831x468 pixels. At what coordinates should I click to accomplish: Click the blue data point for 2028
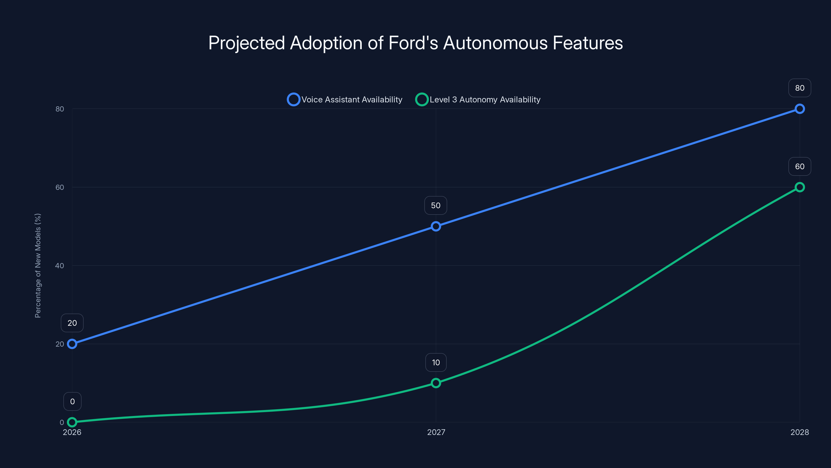pyautogui.click(x=799, y=109)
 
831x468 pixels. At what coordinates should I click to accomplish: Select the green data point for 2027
pyautogui.click(x=436, y=383)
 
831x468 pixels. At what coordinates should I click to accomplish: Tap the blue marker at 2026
pyautogui.click(x=72, y=344)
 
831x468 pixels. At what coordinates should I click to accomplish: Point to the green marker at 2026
pyautogui.click(x=72, y=422)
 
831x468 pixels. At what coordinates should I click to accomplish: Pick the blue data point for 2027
pyautogui.click(x=436, y=226)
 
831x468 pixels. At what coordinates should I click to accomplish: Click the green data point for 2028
pyautogui.click(x=799, y=187)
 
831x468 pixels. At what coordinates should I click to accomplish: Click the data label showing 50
pyautogui.click(x=435, y=205)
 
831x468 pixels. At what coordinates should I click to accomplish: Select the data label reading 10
pyautogui.click(x=436, y=362)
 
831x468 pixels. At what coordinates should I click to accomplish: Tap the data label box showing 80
pyautogui.click(x=799, y=88)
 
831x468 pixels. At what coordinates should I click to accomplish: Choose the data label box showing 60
pyautogui.click(x=799, y=166)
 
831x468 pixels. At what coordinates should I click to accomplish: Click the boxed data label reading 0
pyautogui.click(x=72, y=401)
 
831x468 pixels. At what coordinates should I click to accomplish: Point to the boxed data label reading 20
pyautogui.click(x=72, y=323)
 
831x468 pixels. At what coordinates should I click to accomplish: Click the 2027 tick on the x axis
pyautogui.click(x=436, y=432)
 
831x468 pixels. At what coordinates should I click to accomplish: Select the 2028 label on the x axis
pyautogui.click(x=799, y=432)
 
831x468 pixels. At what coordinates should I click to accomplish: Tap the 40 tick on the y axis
pyautogui.click(x=60, y=265)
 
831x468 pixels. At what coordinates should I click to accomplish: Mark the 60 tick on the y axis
pyautogui.click(x=60, y=187)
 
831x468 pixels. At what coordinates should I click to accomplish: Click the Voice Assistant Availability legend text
pyautogui.click(x=352, y=100)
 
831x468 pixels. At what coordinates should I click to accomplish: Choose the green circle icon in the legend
pyautogui.click(x=422, y=100)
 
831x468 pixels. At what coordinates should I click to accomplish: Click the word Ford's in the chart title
pyautogui.click(x=413, y=43)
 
